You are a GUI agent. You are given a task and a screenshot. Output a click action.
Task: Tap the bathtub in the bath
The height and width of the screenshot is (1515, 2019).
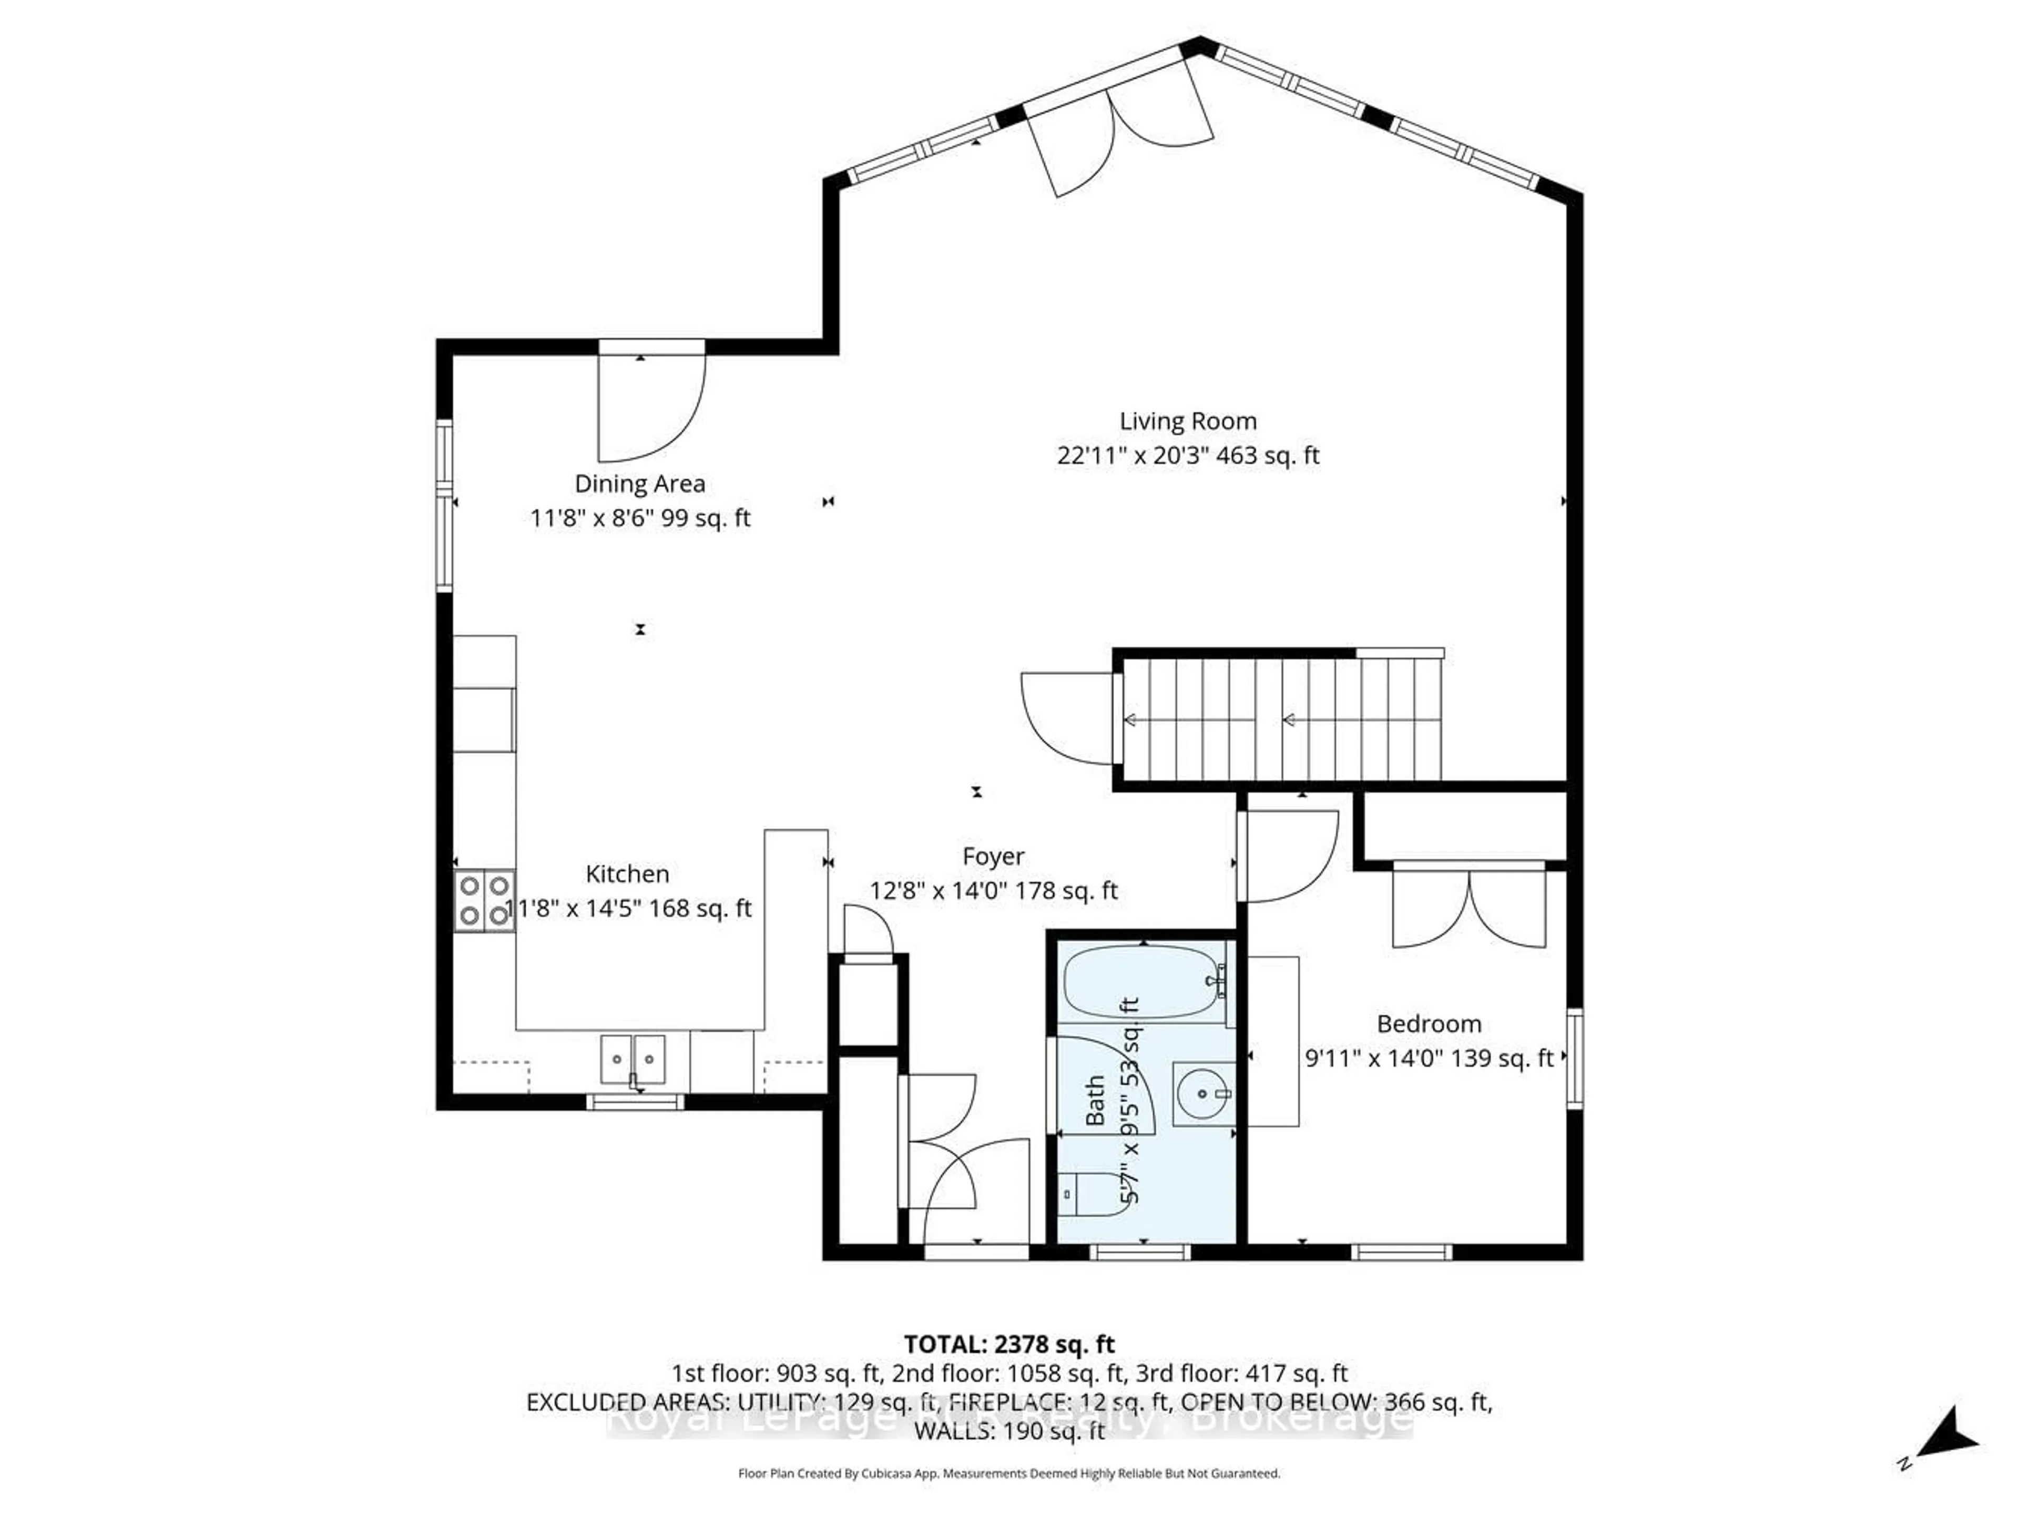(x=1141, y=982)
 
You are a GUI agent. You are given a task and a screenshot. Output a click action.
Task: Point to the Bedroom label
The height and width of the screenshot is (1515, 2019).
(x=1429, y=1024)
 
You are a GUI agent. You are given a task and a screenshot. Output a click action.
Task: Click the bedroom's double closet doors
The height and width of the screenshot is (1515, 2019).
(x=1469, y=908)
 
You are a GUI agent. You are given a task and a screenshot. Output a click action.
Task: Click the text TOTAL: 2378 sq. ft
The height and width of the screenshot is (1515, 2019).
(x=1008, y=1344)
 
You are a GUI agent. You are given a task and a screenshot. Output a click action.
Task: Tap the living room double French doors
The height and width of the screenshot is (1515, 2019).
(x=1118, y=129)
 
